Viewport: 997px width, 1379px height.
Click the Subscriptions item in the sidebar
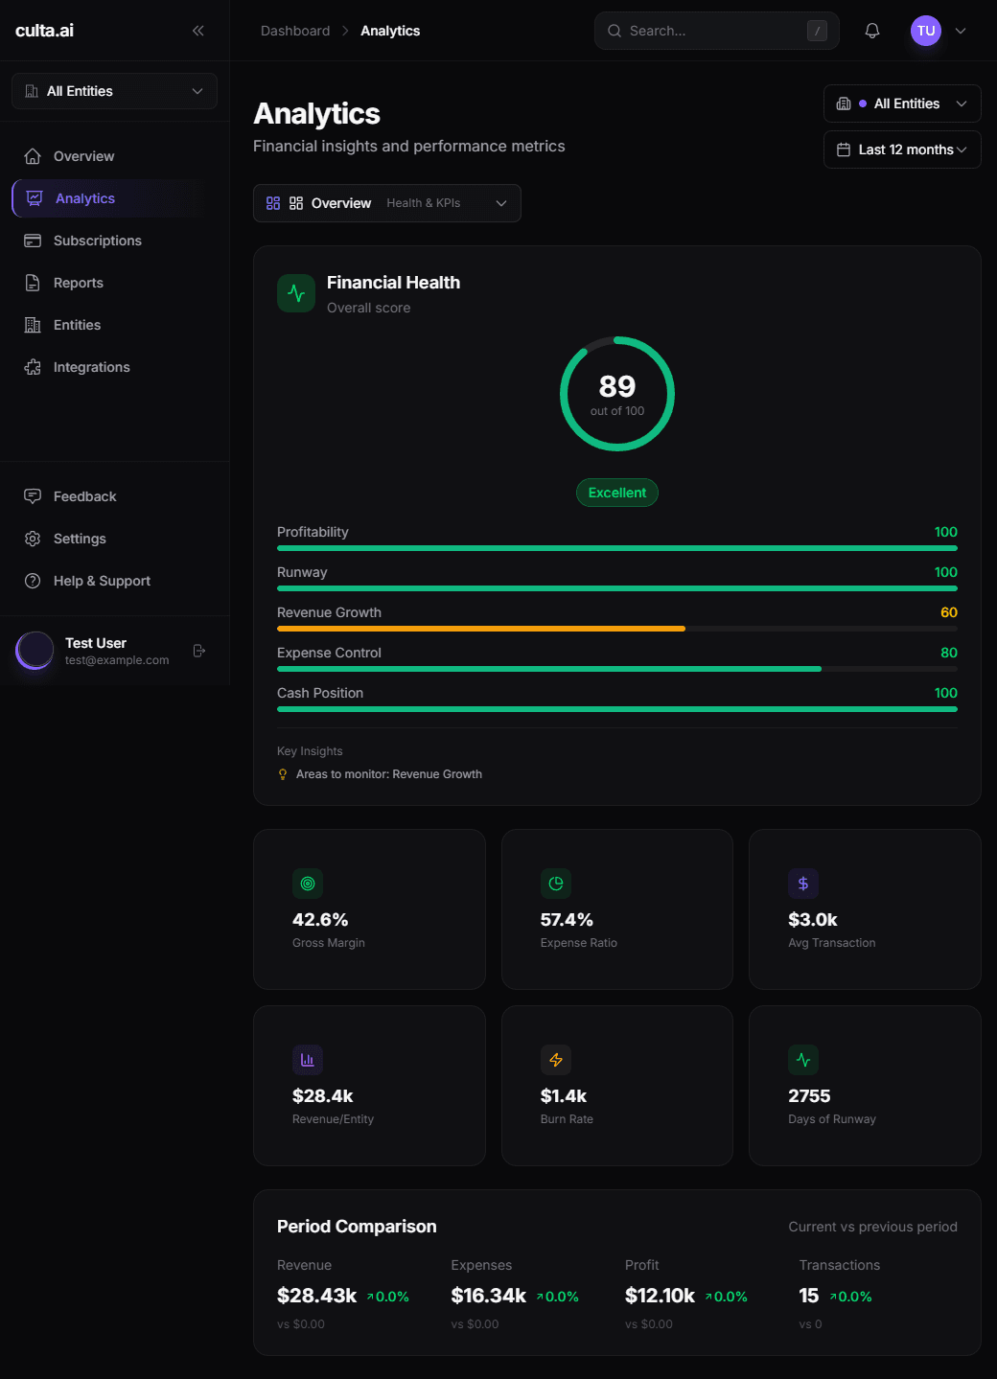[x=97, y=241]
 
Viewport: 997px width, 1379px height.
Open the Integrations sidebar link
[x=91, y=367]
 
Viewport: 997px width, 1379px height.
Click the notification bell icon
[x=872, y=31]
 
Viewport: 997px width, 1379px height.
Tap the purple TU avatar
[x=925, y=31]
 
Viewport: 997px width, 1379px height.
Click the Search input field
[x=714, y=31]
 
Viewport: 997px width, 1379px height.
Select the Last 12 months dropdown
[x=901, y=149]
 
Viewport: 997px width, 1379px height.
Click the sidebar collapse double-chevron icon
[x=198, y=31]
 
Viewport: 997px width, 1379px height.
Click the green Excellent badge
[x=616, y=493]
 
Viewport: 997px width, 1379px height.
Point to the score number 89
[x=616, y=386]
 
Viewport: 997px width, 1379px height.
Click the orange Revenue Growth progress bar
[x=480, y=629]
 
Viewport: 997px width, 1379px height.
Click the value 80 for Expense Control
[x=948, y=653]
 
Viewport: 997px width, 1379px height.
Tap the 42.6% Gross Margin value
[x=320, y=920]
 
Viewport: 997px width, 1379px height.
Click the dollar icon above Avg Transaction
[x=803, y=884]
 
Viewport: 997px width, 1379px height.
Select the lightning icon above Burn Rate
[x=556, y=1060]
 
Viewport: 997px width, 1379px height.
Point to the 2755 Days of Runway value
[x=809, y=1096]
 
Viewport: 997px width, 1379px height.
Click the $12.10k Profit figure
[x=660, y=1296]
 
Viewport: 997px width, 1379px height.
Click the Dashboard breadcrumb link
[x=295, y=31]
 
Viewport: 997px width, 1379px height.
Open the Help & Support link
[x=102, y=581]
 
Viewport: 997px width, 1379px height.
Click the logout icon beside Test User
[x=199, y=651]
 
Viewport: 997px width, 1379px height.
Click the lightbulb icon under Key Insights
[x=283, y=774]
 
